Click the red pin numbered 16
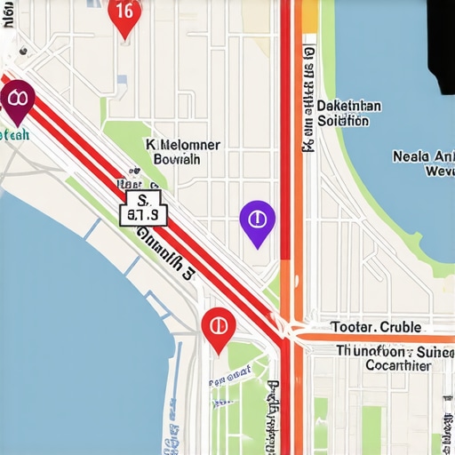(124, 15)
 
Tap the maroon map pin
(17, 100)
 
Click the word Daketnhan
(349, 106)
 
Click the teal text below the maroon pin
(16, 134)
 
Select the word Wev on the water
(439, 171)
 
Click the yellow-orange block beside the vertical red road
(309, 16)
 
